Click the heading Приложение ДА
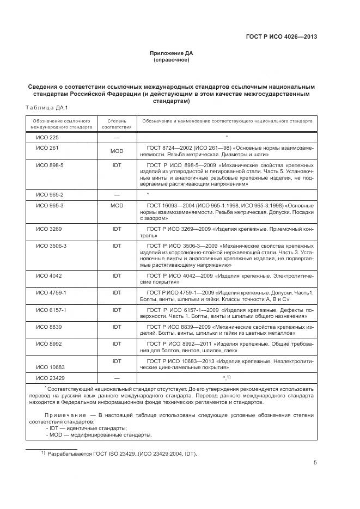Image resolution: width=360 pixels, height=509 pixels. point(172,53)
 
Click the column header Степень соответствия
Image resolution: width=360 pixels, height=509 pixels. point(117,123)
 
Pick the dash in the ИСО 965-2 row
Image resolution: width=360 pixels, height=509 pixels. point(117,194)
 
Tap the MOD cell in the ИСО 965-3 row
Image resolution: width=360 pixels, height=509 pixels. point(117,206)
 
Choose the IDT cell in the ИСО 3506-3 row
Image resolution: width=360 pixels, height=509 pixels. point(117,246)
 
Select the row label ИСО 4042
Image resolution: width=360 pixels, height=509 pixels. point(48,276)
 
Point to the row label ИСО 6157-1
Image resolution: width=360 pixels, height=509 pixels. point(51,309)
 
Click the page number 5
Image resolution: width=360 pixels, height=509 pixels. point(315,463)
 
